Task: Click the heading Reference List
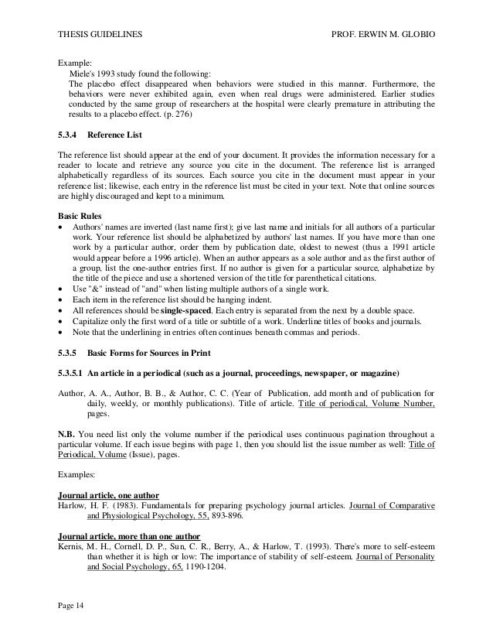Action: [x=116, y=135]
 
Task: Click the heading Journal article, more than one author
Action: [x=130, y=537]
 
